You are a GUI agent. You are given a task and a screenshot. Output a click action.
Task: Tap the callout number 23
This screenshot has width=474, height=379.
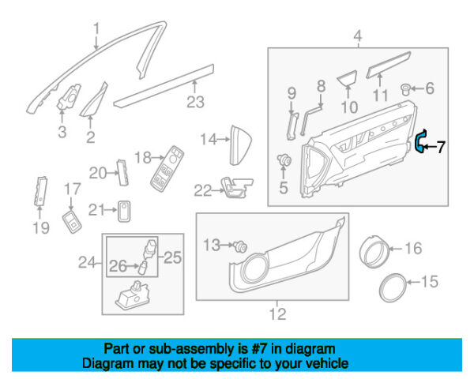tap(195, 102)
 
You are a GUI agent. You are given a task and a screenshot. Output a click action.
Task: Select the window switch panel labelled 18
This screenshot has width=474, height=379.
tap(167, 169)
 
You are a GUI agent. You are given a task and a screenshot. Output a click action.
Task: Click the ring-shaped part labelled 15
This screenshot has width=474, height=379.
tap(392, 287)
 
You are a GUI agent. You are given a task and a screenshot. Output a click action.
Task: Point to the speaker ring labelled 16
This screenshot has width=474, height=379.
tap(373, 251)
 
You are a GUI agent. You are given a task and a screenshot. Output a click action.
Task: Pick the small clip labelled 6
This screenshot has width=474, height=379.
tap(405, 89)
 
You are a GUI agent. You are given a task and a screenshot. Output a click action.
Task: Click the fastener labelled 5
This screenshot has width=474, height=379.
tap(284, 159)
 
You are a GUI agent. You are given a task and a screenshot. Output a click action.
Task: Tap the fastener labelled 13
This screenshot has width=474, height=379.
tap(241, 247)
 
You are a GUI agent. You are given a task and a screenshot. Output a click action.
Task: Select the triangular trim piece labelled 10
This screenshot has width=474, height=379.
tap(348, 78)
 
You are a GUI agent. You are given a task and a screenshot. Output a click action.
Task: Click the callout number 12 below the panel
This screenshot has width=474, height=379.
tap(277, 314)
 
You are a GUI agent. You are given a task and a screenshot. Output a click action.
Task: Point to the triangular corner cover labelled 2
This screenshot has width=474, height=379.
tap(94, 99)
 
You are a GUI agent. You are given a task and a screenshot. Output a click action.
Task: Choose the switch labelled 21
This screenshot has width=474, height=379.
tap(124, 211)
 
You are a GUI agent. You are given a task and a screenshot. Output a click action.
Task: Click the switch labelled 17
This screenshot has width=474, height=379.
tap(72, 222)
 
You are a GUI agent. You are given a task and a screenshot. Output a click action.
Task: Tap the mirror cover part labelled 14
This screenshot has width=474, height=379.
tap(241, 145)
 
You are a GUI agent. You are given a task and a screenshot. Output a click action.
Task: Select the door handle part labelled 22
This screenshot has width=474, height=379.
tap(237, 187)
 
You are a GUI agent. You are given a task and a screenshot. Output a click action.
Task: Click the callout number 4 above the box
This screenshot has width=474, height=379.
tap(358, 37)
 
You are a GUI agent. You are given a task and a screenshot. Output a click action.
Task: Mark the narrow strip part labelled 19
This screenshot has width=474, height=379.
tap(40, 192)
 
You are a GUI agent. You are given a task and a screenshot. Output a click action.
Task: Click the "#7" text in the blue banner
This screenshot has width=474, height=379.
tap(258, 349)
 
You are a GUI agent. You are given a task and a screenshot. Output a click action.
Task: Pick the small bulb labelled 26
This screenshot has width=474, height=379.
tap(142, 268)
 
